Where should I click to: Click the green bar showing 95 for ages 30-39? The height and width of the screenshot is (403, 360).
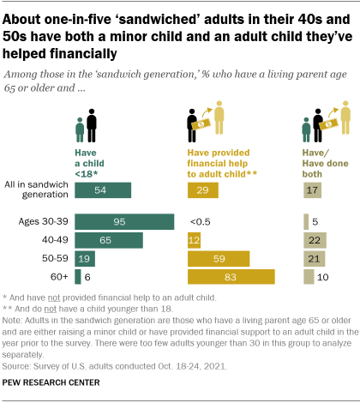124,222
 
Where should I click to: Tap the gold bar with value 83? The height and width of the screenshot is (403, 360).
231,276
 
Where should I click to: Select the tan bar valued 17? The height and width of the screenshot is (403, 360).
312,190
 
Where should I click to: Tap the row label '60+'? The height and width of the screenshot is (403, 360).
60,276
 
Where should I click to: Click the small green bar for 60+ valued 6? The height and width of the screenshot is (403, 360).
78,276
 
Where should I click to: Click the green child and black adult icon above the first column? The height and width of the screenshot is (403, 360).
87,124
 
